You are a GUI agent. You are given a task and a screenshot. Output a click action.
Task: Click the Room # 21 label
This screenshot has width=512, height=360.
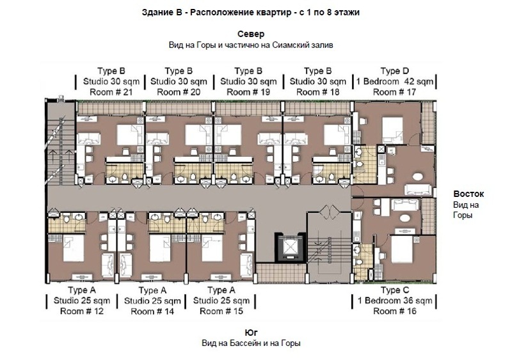(x=111, y=92)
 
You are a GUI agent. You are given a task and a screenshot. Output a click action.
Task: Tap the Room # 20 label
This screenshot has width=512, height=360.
(x=179, y=92)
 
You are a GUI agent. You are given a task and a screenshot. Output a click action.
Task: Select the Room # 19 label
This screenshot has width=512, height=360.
(x=248, y=92)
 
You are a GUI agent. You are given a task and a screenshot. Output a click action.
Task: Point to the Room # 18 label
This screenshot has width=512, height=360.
(x=317, y=92)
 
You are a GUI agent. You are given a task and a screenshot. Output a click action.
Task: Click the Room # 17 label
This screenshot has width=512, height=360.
(x=394, y=92)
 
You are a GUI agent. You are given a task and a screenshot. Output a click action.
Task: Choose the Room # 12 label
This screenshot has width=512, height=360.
(x=82, y=311)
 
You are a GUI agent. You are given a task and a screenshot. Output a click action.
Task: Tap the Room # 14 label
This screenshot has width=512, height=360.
(x=152, y=311)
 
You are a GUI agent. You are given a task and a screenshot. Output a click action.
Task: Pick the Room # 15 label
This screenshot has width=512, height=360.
(x=221, y=311)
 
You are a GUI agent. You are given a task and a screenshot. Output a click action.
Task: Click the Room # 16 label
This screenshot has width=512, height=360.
(x=395, y=311)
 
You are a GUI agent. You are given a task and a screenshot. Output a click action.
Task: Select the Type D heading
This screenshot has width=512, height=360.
(x=394, y=71)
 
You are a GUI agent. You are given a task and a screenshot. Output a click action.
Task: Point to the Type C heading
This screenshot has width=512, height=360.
(x=395, y=290)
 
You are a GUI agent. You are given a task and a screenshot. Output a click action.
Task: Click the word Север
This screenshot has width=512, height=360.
(x=251, y=34)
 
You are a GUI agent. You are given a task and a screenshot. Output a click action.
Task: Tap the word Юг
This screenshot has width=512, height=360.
(x=251, y=333)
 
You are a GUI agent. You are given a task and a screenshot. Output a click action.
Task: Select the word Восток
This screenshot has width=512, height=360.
(x=468, y=194)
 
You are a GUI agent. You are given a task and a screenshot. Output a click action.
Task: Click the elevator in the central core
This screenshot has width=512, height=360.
(x=290, y=247)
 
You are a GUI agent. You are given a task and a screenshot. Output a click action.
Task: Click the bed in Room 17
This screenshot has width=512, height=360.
(x=393, y=130)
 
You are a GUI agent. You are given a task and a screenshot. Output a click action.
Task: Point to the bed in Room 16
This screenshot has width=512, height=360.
(x=402, y=249)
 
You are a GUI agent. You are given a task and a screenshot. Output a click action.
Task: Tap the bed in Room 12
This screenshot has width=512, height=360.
(x=74, y=247)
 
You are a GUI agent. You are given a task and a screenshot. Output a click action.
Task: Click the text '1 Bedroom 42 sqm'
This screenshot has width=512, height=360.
(x=394, y=82)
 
